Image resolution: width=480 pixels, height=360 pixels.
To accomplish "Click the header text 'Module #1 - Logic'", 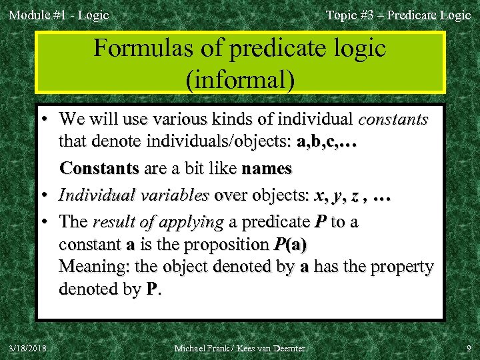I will [58, 15].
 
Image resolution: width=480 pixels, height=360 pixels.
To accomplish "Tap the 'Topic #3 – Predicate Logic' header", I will [398, 15].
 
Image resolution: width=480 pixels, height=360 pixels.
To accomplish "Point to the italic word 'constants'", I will [393, 120].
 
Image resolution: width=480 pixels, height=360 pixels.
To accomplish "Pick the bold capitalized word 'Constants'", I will [99, 169].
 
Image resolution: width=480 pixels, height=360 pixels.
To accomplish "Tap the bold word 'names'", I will [267, 169].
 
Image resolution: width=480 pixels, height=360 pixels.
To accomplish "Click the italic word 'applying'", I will [192, 221].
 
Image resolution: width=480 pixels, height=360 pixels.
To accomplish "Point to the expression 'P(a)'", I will [291, 245].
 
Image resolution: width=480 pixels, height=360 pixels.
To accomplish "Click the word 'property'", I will [398, 267].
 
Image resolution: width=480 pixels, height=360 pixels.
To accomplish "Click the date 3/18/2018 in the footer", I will [28, 348].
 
